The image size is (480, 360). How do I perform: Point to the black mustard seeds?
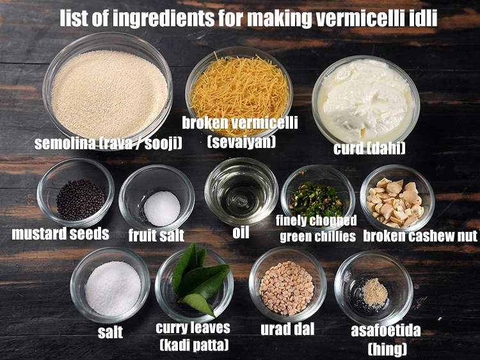[x=80, y=199]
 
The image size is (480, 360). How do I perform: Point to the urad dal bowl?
[x=287, y=286]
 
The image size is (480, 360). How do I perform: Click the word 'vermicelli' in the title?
[x=361, y=19]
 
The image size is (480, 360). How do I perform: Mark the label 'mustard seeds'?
[x=60, y=234]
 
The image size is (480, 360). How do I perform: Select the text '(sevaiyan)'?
[x=241, y=141]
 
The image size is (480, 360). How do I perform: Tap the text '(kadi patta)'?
[x=193, y=346]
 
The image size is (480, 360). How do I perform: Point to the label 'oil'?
[x=241, y=232]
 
